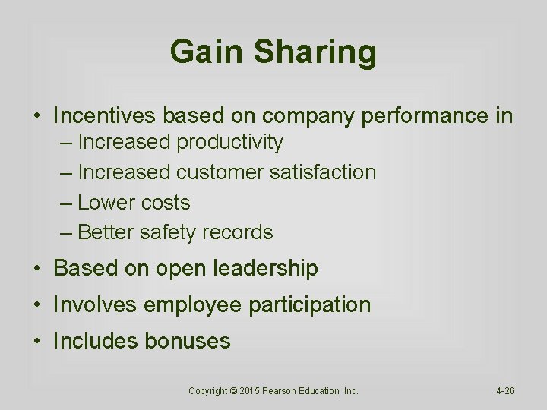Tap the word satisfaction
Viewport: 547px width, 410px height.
click(323, 172)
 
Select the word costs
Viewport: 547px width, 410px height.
click(168, 203)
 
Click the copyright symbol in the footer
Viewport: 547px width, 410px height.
click(233, 391)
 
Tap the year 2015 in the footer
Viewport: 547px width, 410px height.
click(251, 391)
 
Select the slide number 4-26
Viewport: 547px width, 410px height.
click(505, 391)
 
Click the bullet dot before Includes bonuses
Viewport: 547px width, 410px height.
click(37, 342)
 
